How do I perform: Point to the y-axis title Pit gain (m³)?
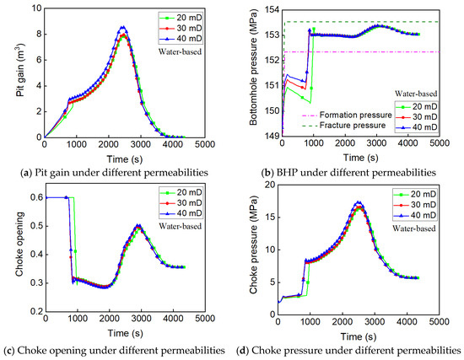tap(8, 73)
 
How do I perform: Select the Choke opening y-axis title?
tap(8, 253)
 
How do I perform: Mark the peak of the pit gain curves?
tap(123, 27)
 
